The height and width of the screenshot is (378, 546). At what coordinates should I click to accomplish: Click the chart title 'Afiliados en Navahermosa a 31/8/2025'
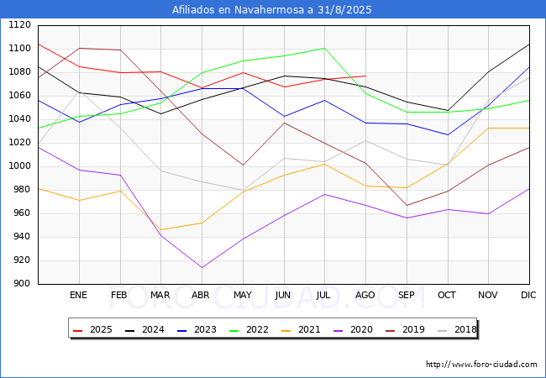click(271, 10)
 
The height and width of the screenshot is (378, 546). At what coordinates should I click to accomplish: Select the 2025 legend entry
click(93, 329)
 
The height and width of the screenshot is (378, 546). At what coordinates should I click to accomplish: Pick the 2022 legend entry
click(249, 329)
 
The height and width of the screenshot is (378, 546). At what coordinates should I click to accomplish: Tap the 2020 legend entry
click(353, 329)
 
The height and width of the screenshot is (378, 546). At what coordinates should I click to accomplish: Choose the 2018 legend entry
click(457, 329)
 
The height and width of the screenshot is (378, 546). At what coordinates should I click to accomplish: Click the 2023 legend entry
click(197, 329)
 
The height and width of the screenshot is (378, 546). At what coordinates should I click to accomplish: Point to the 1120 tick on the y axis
click(19, 24)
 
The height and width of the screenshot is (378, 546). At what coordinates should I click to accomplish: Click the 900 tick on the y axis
click(22, 284)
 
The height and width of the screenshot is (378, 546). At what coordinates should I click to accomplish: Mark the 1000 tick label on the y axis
click(19, 166)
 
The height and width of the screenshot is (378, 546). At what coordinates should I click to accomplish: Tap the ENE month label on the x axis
click(78, 295)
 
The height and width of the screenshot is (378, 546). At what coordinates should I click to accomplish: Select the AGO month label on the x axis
click(365, 295)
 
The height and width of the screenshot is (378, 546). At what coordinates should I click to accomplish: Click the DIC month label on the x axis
click(528, 295)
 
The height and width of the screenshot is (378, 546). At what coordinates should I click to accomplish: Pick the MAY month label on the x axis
click(243, 295)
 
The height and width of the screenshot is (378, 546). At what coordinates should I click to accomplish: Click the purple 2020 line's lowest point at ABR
click(202, 267)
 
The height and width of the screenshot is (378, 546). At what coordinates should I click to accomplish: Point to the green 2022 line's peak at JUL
click(324, 48)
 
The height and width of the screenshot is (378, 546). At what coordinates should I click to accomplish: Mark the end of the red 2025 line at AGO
click(365, 76)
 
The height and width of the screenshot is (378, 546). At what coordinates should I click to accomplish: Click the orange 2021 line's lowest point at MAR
click(161, 229)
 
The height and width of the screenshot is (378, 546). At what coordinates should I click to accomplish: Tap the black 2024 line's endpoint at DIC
click(529, 45)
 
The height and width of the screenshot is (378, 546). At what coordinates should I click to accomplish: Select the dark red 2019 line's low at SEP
click(407, 205)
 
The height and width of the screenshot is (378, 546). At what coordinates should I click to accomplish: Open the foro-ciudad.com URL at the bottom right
click(481, 365)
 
